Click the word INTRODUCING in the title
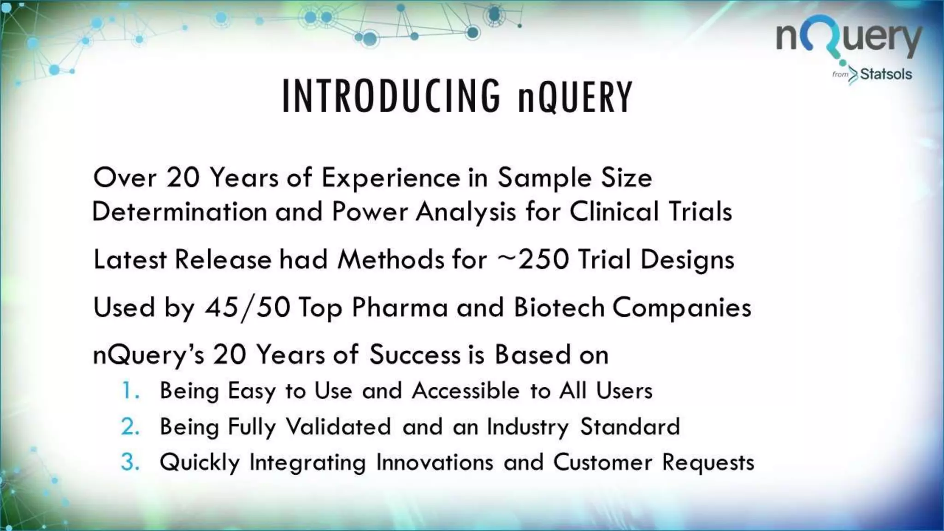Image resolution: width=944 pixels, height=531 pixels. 391,96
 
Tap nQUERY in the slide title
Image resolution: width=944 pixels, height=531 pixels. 575,96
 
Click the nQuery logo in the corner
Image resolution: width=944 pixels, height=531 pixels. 849,39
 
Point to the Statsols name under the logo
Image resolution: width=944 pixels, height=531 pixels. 885,74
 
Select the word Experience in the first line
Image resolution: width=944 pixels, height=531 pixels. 391,178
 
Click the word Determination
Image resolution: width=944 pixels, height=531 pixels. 180,212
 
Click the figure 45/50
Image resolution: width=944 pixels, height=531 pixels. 248,307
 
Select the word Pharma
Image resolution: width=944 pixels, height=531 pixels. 400,307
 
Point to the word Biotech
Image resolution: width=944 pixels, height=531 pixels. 559,307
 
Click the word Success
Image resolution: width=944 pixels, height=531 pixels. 415,355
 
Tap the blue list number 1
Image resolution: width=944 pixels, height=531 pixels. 130,391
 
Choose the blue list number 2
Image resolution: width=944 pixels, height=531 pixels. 130,427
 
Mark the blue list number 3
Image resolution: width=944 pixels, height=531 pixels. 130,462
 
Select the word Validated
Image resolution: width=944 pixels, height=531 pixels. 338,427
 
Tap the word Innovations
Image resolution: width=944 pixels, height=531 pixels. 434,462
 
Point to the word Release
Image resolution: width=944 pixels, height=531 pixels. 223,260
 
